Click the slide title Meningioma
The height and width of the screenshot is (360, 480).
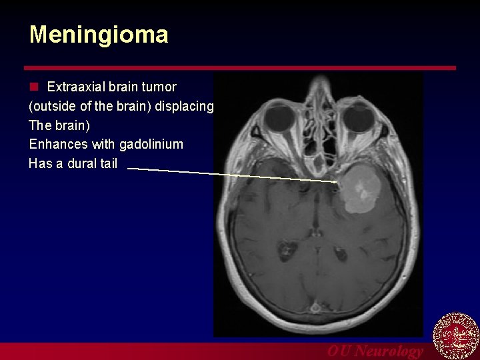(x=99, y=35)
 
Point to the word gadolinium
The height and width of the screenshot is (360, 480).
(x=151, y=144)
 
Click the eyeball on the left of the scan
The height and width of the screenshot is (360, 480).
(x=277, y=120)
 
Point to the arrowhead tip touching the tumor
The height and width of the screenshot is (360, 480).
(x=335, y=181)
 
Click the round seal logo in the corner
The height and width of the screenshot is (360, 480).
(x=456, y=336)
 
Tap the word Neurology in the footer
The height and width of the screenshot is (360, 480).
(x=389, y=351)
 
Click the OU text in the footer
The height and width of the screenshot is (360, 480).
(x=339, y=351)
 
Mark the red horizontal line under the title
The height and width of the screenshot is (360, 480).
(x=240, y=67)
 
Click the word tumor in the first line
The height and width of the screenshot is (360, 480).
(x=161, y=87)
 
